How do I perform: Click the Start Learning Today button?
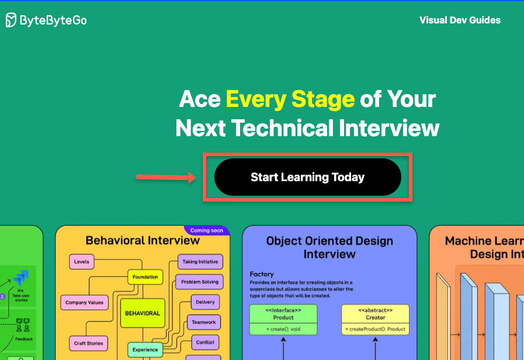(x=308, y=177)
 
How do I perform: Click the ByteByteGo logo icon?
(x=12, y=20)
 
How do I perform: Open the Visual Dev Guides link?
(x=460, y=20)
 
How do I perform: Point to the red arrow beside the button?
(x=166, y=176)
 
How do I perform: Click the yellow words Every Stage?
(x=290, y=99)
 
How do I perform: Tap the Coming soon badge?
(x=207, y=230)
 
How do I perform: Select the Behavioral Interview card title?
(x=143, y=240)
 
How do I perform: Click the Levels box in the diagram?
(x=82, y=262)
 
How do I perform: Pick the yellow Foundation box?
(x=145, y=277)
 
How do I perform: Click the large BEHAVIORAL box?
(x=143, y=313)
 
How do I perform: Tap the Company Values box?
(x=84, y=303)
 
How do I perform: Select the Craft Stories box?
(x=88, y=343)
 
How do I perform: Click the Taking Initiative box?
(x=200, y=262)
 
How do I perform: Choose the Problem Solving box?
(x=199, y=282)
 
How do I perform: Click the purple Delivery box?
(x=205, y=302)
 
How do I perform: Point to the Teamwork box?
(x=204, y=322)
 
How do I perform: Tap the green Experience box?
(x=145, y=349)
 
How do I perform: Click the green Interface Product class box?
(x=283, y=320)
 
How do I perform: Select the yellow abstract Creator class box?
(x=376, y=320)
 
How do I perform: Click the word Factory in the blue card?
(x=262, y=274)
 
